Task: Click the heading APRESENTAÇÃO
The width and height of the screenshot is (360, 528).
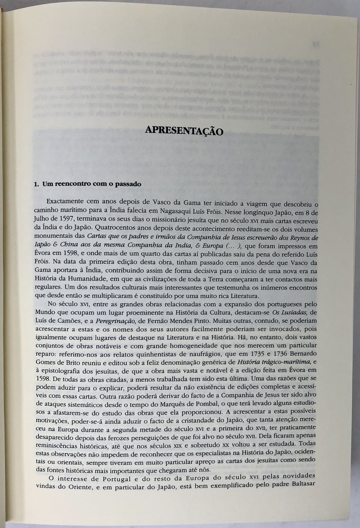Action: [x=184, y=130]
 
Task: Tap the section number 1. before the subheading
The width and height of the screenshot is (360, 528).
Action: [x=36, y=184]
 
